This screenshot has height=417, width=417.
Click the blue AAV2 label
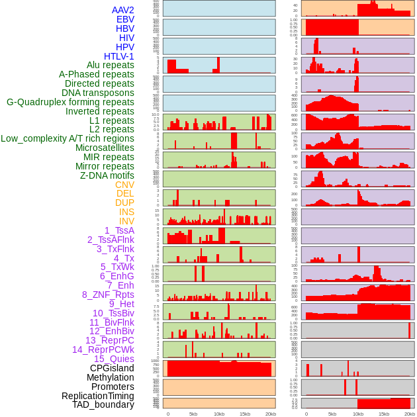pyautogui.click(x=122, y=10)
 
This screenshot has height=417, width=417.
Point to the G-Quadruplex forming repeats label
pyautogui.click(x=70, y=102)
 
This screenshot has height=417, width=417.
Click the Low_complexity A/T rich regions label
pyautogui.click(x=68, y=138)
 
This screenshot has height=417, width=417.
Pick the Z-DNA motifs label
pyautogui.click(x=107, y=175)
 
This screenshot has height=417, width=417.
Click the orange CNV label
pyautogui.click(x=124, y=185)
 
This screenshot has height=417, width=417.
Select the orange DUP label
pyautogui.click(x=124, y=203)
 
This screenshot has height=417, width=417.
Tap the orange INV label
pyautogui.click(x=126, y=221)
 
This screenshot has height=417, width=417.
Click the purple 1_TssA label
pyautogui.click(x=119, y=230)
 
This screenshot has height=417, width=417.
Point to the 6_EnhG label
pyautogui.click(x=117, y=276)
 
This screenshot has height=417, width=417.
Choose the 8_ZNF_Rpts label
pyautogui.click(x=108, y=295)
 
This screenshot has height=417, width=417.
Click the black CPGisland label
pyautogui.click(x=112, y=368)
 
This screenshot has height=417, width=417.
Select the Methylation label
pyautogui.click(x=110, y=377)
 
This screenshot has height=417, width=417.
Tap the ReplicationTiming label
pyautogui.click(x=97, y=396)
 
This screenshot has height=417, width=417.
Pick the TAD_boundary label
pyautogui.click(x=103, y=404)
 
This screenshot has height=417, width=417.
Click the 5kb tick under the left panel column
pyautogui.click(x=193, y=414)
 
